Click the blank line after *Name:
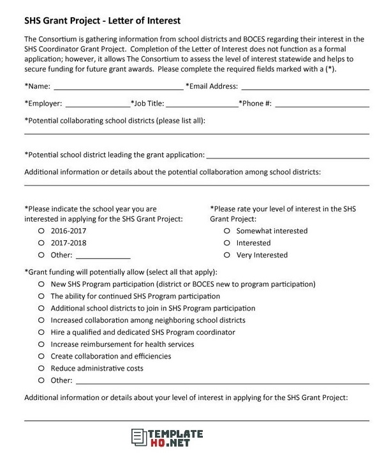pos(119,89)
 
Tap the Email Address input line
pos(305,89)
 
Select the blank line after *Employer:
pos(97,105)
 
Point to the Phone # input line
pos(322,105)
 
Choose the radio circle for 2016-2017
pos(41,231)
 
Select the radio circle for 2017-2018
pos(41,243)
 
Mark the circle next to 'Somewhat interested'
pos(227,231)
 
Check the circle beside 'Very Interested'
pos(227,255)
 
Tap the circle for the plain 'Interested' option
pos(227,243)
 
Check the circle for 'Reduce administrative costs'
pos(41,368)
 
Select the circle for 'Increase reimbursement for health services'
pos(41,344)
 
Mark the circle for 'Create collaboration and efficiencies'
pos(41,356)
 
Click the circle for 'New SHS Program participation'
pos(41,284)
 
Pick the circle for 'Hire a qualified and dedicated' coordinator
pos(41,332)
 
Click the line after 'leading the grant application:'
pos(288,156)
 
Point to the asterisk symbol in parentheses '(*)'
pos(330,69)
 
